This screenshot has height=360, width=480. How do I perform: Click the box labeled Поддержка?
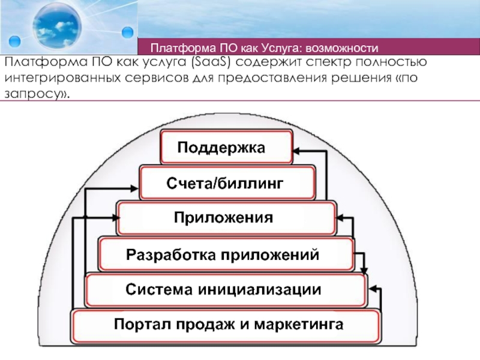227,147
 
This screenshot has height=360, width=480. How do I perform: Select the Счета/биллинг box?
227,182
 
